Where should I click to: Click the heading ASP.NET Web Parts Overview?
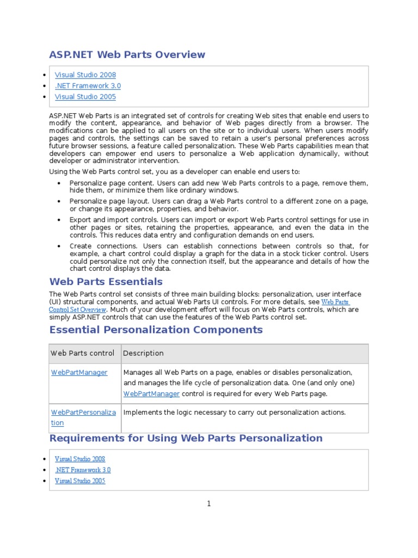pyautogui.click(x=127, y=54)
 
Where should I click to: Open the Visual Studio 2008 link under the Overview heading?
pyautogui.click(x=85, y=75)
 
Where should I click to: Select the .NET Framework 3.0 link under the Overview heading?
pyautogui.click(x=88, y=86)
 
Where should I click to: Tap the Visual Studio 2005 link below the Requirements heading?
pyautogui.click(x=80, y=481)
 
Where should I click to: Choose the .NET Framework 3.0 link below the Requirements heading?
pyautogui.click(x=83, y=470)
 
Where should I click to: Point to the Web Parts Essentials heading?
pyautogui.click(x=106, y=282)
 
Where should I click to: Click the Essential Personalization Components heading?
pyautogui.click(x=156, y=330)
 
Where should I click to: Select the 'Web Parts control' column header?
pyautogui.click(x=83, y=353)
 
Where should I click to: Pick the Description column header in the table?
pyautogui.click(x=143, y=353)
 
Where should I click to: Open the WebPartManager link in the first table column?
pyautogui.click(x=79, y=373)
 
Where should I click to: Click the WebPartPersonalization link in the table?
pyautogui.click(x=83, y=417)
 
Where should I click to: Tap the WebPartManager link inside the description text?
pyautogui.click(x=151, y=393)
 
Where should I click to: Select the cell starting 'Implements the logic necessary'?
pyautogui.click(x=235, y=413)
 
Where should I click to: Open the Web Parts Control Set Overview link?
pyautogui.click(x=335, y=302)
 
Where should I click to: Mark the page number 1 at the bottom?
pyautogui.click(x=208, y=504)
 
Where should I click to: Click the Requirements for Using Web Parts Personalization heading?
pyautogui.click(x=186, y=438)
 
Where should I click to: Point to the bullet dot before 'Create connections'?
pyautogui.click(x=59, y=246)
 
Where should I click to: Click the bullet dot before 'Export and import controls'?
pyautogui.click(x=59, y=220)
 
